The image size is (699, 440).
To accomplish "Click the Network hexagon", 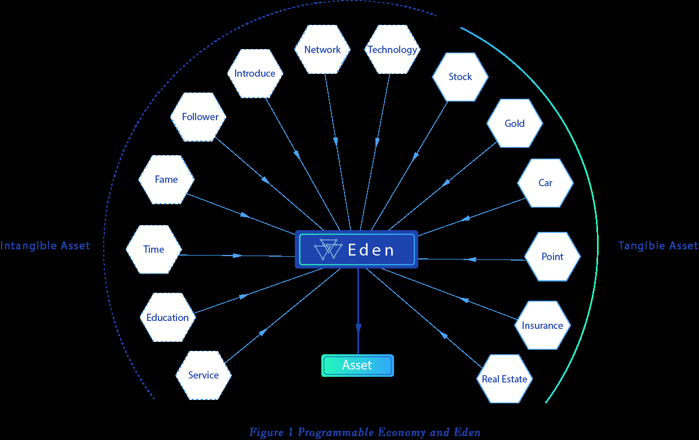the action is [322, 49].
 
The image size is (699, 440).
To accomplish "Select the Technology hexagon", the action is [392, 49].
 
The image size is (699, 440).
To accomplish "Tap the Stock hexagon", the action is [461, 77].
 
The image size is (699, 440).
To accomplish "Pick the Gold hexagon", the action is [515, 124].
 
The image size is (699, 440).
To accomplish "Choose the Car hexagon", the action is [546, 183].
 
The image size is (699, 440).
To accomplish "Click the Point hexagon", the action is [552, 256].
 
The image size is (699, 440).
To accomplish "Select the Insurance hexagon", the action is [543, 325].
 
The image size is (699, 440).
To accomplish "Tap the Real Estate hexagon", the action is [505, 379].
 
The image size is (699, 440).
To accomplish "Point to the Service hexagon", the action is [203, 375].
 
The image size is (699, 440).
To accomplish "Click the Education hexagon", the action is [167, 317].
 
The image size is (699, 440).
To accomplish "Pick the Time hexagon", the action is [153, 249].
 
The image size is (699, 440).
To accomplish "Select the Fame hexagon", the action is [166, 179].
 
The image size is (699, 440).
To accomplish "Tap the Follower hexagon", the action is [198, 117].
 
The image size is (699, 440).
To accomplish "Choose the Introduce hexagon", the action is [255, 73].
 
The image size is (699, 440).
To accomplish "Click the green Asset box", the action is [357, 366].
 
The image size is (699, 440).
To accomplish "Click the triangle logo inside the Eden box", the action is [328, 249].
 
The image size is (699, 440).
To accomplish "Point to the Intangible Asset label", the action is [45, 246].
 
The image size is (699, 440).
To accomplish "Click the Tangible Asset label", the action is [658, 246].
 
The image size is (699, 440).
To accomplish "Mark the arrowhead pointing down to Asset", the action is [359, 328].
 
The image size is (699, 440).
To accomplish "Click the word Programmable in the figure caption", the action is [336, 433].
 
